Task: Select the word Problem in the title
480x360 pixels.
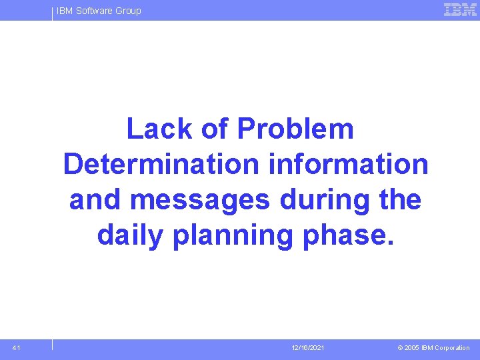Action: (295, 129)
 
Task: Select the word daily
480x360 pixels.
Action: (129, 235)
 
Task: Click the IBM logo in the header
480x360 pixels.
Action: (460, 9)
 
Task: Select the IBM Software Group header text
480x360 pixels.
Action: (99, 11)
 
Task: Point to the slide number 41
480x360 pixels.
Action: (16, 347)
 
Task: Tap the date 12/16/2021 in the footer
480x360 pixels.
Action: (309, 348)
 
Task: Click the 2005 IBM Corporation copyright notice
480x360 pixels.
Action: (433, 348)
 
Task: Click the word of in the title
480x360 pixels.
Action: (214, 129)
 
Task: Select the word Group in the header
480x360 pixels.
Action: (129, 11)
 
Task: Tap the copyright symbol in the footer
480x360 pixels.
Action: (400, 348)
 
